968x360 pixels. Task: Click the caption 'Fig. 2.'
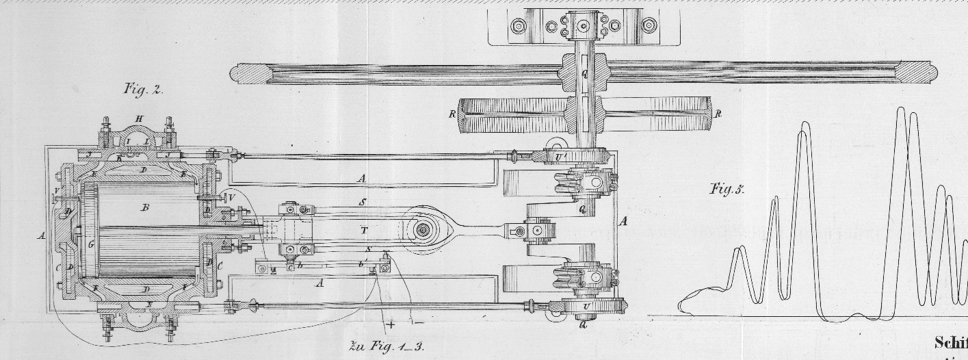(143, 89)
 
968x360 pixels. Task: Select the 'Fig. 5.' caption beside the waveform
(727, 190)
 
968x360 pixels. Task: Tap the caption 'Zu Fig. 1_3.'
(386, 346)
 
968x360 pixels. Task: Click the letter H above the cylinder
(140, 119)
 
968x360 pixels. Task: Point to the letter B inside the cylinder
(145, 207)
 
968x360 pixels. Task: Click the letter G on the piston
(91, 243)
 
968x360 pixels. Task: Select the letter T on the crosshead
(364, 231)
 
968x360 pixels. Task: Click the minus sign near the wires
(419, 322)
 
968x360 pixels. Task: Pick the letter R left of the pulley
(452, 114)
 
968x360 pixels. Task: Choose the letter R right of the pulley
(718, 114)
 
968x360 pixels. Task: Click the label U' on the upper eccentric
(560, 158)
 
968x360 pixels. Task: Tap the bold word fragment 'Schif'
(950, 344)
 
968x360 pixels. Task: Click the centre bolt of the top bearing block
(583, 27)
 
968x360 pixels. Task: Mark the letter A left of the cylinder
(42, 235)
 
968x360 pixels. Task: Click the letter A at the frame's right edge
(622, 221)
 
